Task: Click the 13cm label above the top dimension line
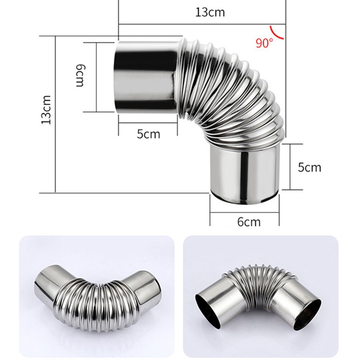point(210,12)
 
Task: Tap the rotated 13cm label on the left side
point(46,110)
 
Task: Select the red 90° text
point(264,43)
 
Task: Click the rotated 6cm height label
point(80,76)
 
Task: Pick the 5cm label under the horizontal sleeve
point(148,134)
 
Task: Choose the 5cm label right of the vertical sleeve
point(309,167)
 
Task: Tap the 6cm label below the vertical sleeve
point(249,222)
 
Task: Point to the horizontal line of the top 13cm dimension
point(201,24)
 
